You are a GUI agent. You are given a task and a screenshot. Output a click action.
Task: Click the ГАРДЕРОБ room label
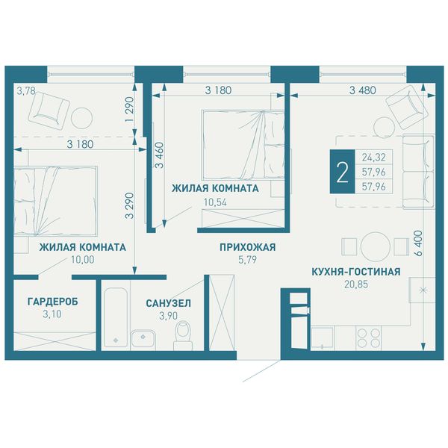52,302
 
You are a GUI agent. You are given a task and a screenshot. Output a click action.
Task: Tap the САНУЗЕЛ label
168,303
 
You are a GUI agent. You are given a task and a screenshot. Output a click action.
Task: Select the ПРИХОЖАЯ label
247,247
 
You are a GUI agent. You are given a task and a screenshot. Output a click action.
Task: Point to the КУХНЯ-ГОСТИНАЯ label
356,272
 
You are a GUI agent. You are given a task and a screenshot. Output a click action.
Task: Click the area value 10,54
215,202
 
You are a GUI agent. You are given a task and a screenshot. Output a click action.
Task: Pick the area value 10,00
83,259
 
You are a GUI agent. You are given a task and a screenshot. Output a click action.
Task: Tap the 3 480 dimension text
363,90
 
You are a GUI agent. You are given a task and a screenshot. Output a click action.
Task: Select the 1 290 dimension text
129,110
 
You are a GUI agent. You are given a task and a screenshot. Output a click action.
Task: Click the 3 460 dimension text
161,155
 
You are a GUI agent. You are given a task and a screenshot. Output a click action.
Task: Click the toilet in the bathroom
183,335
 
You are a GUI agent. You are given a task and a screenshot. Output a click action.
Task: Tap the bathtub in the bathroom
116,317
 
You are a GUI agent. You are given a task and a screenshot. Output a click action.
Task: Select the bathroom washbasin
143,339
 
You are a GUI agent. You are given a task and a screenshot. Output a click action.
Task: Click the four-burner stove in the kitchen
369,337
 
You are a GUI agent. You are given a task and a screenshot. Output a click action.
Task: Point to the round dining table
376,246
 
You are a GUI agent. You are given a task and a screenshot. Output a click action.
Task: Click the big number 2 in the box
343,172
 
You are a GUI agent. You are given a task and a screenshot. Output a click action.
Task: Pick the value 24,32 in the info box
374,157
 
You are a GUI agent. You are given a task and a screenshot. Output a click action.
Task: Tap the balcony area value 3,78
26,91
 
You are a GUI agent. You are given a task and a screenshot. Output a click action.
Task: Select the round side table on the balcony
81,118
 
